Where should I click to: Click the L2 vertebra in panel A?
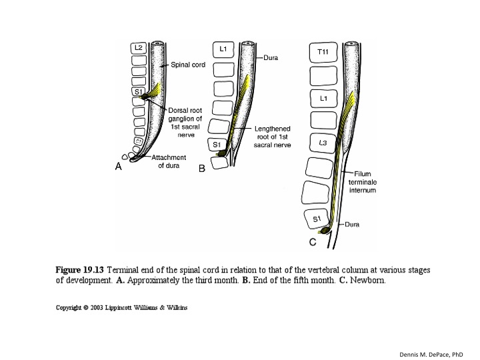[138, 48]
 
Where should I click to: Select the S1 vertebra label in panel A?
[138, 91]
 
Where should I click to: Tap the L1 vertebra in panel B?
[222, 49]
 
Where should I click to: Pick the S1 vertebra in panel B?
[218, 144]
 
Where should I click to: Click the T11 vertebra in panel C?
[323, 52]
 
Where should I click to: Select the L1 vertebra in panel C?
[323, 99]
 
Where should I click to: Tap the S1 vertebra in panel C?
[317, 218]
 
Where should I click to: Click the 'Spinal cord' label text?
[188, 65]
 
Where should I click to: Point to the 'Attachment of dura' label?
[169, 161]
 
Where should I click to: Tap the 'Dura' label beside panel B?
[271, 58]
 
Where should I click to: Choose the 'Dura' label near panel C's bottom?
[352, 225]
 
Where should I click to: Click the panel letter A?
[118, 167]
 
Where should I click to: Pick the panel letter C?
[312, 241]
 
